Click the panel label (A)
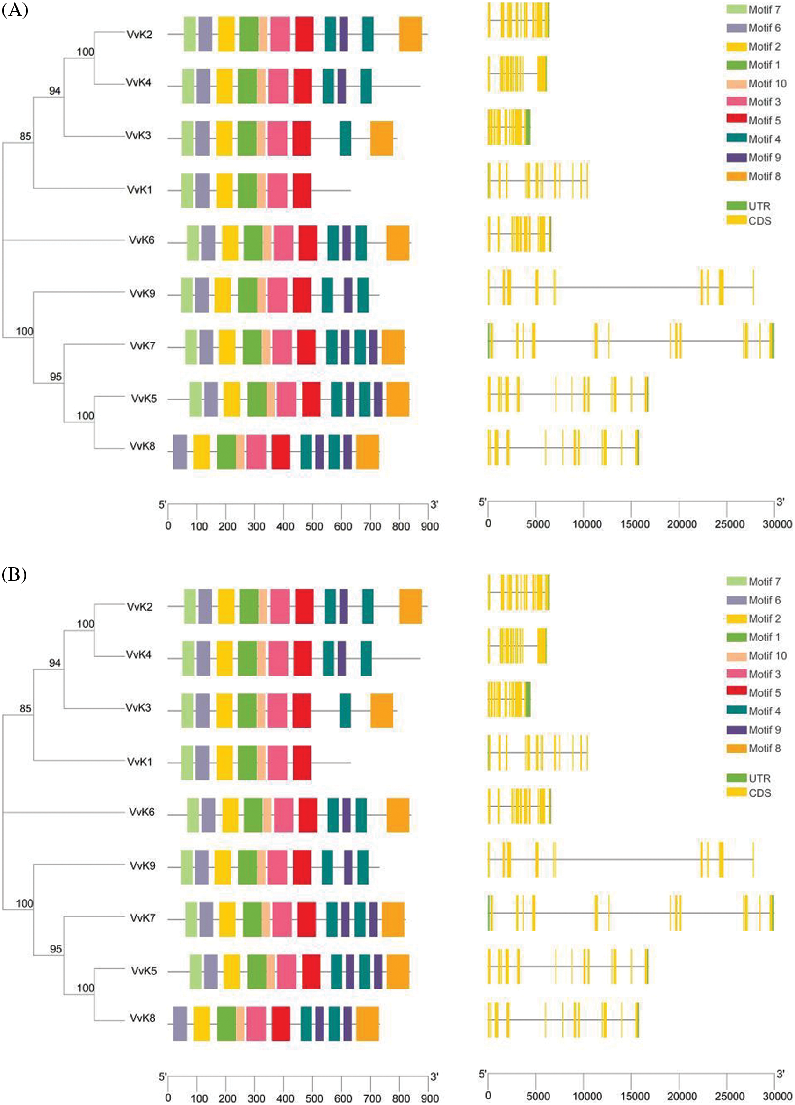14,10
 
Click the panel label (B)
14,574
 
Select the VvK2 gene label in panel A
139,35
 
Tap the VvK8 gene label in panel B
142,1018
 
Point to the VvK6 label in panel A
141,240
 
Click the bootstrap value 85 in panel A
25,137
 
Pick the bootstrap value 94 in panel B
55,662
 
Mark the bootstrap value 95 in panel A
56,377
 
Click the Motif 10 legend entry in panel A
757,84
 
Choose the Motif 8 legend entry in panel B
753,749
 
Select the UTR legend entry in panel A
749,206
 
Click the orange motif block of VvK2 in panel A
411,34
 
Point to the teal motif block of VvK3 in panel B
346,710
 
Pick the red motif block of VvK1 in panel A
302,190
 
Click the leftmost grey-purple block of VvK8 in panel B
180,1024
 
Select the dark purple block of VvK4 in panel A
341,86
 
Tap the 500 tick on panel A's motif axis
314,526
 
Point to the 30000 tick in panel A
777,524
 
